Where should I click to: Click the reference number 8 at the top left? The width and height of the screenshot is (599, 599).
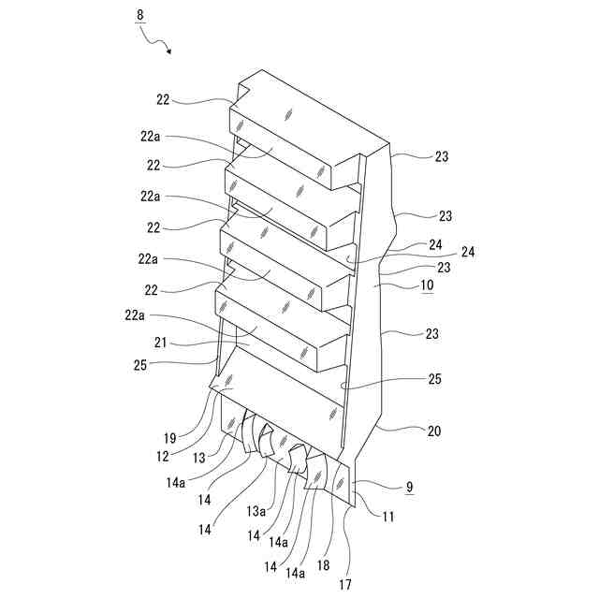141,17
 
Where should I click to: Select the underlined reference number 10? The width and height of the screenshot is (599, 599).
426,285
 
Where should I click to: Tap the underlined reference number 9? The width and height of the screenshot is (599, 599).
410,487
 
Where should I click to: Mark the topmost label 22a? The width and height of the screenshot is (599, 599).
152,135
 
